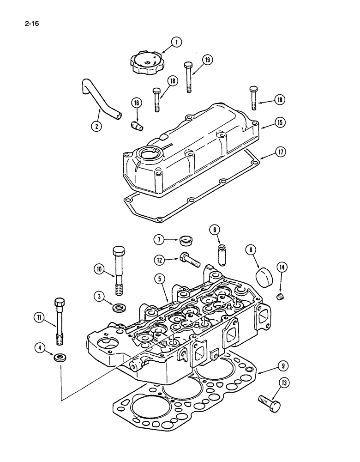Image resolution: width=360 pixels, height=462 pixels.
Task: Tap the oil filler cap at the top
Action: [x=146, y=63]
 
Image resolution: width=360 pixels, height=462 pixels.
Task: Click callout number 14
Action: [x=282, y=267]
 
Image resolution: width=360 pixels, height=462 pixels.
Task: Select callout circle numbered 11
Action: [x=40, y=317]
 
